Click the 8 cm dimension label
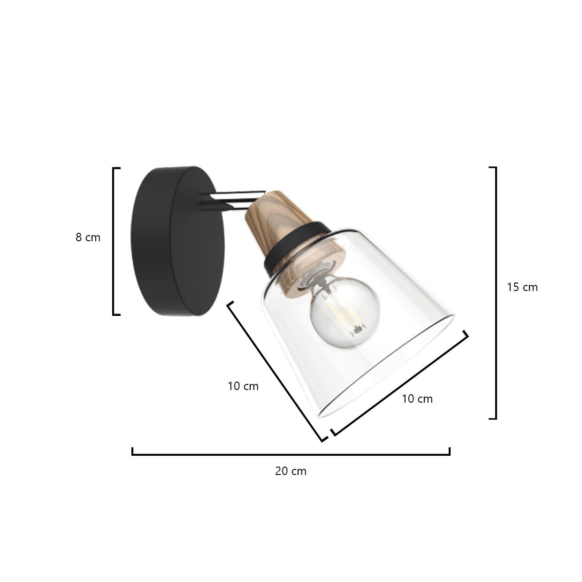88,237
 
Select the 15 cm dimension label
522,287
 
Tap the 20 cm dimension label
291,471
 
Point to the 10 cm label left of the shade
243,386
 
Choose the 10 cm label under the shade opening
417,398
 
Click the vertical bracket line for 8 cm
114,241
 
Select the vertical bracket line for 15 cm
496,293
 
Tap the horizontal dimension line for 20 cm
291,454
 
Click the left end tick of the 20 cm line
133,451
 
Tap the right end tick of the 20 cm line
449,451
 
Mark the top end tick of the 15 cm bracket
492,168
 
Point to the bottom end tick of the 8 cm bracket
116,314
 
